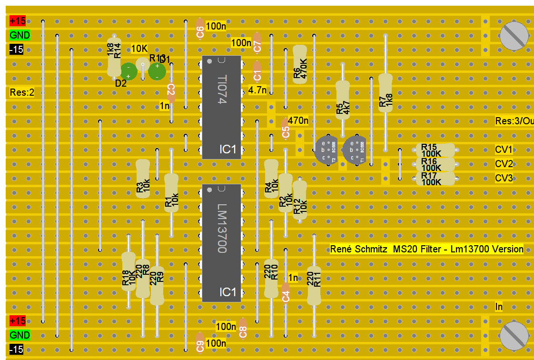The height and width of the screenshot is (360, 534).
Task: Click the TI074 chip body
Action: (x=221, y=107)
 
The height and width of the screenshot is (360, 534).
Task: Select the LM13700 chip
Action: (x=221, y=243)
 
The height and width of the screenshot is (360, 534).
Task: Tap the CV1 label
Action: (x=504, y=150)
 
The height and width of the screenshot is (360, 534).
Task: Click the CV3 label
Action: (x=504, y=179)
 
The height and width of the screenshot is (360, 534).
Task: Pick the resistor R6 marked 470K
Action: (x=299, y=64)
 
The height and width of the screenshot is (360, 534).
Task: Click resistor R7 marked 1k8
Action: (x=385, y=93)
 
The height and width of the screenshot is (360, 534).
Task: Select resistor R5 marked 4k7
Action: (x=342, y=100)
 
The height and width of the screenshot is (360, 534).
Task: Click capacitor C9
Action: (x=200, y=344)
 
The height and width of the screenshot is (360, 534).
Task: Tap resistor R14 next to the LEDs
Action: (x=114, y=57)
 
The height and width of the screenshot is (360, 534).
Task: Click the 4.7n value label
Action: (x=257, y=90)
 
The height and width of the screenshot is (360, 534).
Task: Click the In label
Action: (x=499, y=307)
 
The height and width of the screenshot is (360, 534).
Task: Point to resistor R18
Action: (x=128, y=271)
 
